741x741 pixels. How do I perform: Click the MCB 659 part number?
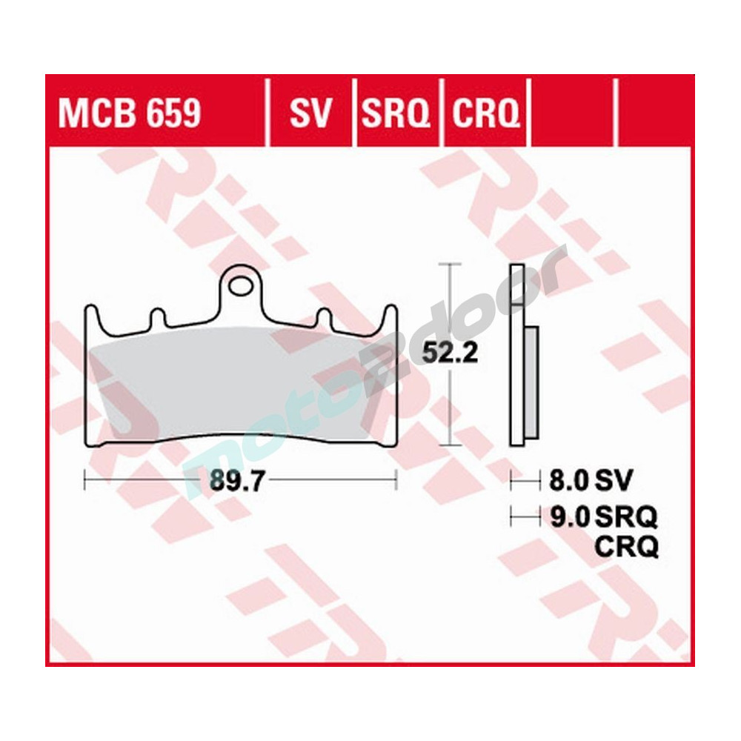click(129, 113)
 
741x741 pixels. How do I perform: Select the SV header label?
click(310, 113)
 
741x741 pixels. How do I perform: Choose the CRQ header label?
click(485, 113)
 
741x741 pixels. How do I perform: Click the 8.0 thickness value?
click(568, 481)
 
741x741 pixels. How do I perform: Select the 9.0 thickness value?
click(568, 516)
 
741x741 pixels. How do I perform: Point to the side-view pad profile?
click(518, 356)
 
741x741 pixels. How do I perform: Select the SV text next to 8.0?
click(614, 481)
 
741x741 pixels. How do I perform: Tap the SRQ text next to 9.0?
click(626, 516)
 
